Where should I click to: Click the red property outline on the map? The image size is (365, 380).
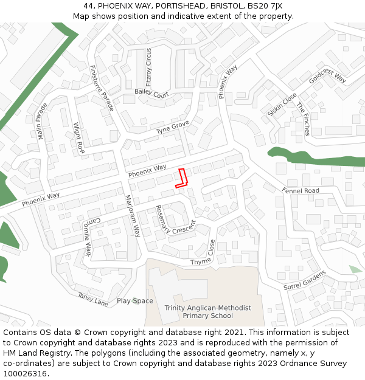[x=181, y=178]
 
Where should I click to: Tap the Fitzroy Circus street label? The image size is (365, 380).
[x=148, y=67]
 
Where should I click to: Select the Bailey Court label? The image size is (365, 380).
[x=151, y=94]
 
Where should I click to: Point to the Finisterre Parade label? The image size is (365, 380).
[x=102, y=88]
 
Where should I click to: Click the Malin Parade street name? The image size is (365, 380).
[x=42, y=121]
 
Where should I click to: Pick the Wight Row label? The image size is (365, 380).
[x=78, y=139]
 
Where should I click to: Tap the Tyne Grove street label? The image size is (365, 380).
[x=173, y=128]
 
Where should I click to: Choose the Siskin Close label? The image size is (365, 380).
[x=282, y=105]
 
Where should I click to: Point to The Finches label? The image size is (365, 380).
[x=303, y=119]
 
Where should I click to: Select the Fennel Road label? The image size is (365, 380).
[x=301, y=191]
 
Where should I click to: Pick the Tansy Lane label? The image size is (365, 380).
[x=92, y=299]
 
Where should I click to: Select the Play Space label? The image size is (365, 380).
[x=135, y=301]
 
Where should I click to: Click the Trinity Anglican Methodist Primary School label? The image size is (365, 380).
[x=207, y=312]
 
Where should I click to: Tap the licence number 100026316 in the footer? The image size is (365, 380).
[x=25, y=374]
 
